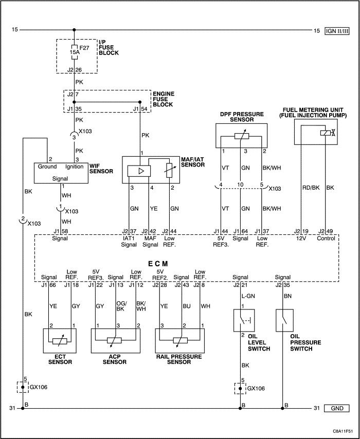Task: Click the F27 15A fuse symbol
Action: tap(74, 52)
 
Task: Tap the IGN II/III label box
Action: tap(337, 31)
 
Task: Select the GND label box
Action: tap(337, 408)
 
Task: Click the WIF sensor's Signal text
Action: tap(60, 178)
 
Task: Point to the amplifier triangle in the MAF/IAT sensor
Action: tap(139, 171)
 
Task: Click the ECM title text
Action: tap(158, 264)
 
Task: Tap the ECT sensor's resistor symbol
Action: tap(60, 341)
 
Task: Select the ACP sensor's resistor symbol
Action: tap(114, 340)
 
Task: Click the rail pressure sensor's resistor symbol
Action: tap(180, 340)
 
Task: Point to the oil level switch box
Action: tap(244, 320)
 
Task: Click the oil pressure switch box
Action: tap(284, 320)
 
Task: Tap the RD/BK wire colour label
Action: tap(311, 188)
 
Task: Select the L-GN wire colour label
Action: tap(248, 296)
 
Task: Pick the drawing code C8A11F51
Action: tap(343, 431)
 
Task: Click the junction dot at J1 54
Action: tap(140, 102)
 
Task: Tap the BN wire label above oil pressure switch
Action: tap(287, 296)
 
